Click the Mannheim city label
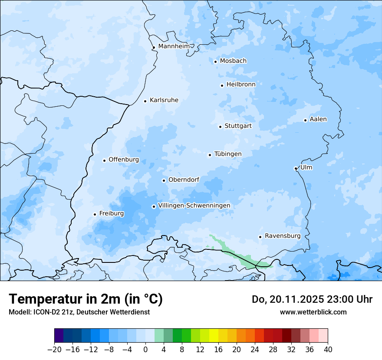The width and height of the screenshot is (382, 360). pyautogui.click(x=174, y=46)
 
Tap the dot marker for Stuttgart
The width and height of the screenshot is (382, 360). pyautogui.click(x=220, y=127)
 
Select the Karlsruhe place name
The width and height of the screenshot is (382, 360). pyautogui.click(x=164, y=100)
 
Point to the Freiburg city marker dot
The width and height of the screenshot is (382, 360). pyautogui.click(x=95, y=214)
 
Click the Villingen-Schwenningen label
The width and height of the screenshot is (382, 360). pyautogui.click(x=194, y=206)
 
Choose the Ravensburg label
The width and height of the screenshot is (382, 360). pyautogui.click(x=282, y=236)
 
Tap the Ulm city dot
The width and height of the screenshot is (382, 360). pyautogui.click(x=296, y=168)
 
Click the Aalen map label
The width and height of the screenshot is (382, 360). pyautogui.click(x=318, y=119)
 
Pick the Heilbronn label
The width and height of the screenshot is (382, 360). pyautogui.click(x=241, y=85)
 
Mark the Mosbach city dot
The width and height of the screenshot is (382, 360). pyautogui.click(x=215, y=62)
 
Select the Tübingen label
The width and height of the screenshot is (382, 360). pyautogui.click(x=227, y=154)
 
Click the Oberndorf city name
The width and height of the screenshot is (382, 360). pyautogui.click(x=184, y=180)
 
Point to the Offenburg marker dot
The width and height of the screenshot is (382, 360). pyautogui.click(x=104, y=160)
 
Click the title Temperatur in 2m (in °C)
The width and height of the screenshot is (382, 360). pyautogui.click(x=86, y=299)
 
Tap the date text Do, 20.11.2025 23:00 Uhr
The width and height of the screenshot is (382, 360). pyautogui.click(x=312, y=299)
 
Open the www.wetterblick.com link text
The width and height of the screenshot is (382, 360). pyautogui.click(x=313, y=312)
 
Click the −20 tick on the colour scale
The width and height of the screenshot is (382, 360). pyautogui.click(x=54, y=350)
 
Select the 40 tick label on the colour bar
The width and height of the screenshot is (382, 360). pyautogui.click(x=328, y=350)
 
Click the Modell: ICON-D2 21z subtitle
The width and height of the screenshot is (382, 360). pyautogui.click(x=79, y=312)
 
